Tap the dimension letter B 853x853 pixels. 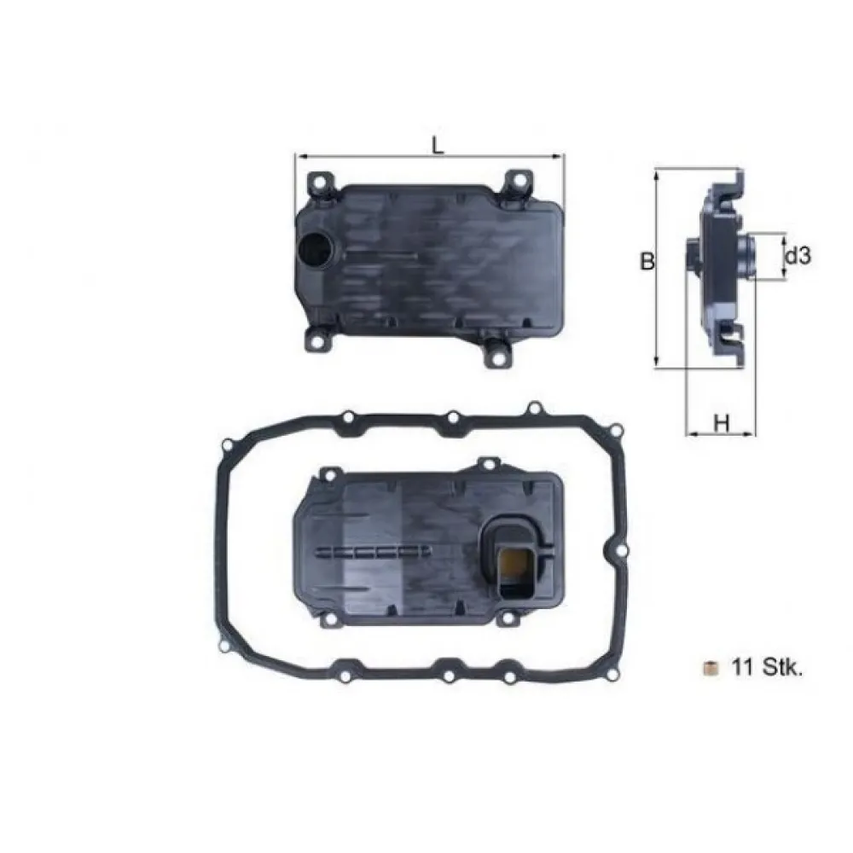(647, 263)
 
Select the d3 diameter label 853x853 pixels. (797, 255)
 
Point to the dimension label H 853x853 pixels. (722, 421)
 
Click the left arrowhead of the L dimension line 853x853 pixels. (299, 156)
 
